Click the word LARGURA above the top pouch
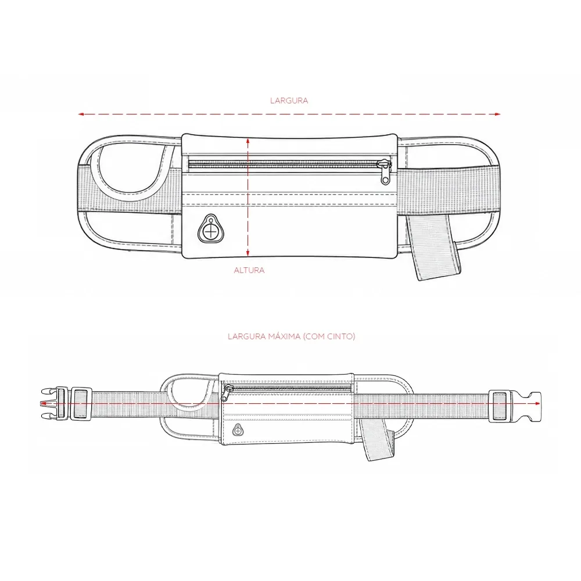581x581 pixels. click(289, 101)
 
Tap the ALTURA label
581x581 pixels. click(249, 271)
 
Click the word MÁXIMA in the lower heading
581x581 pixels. click(284, 336)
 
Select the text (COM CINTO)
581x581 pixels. click(329, 336)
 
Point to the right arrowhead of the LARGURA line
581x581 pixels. click(498, 114)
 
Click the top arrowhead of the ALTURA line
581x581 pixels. click(248, 141)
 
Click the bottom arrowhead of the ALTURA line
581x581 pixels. click(248, 253)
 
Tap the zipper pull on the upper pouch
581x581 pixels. click(385, 172)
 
